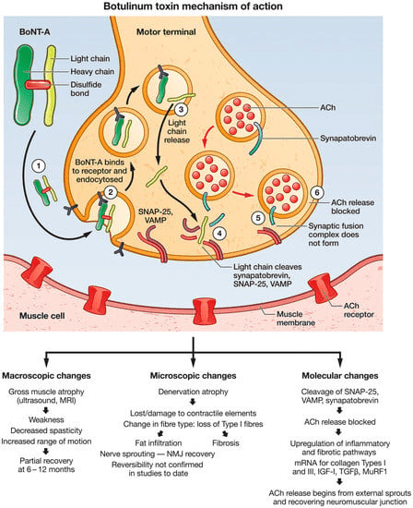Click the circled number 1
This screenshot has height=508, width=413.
click(x=39, y=166)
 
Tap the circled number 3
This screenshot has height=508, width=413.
click(x=181, y=109)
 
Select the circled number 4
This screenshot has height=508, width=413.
click(x=219, y=234)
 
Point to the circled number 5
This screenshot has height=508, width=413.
click(x=258, y=218)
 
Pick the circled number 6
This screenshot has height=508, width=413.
click(x=317, y=192)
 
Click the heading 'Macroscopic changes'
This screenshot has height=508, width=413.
click(x=47, y=376)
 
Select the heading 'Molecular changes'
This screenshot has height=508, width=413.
click(x=340, y=376)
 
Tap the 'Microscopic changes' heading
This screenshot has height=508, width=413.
click(x=193, y=376)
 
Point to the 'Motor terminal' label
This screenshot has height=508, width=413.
click(x=166, y=31)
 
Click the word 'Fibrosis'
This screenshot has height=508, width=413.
click(x=226, y=442)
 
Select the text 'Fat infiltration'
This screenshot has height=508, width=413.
click(x=159, y=442)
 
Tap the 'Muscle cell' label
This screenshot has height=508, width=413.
click(x=42, y=316)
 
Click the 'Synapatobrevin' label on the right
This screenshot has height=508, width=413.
click(x=348, y=139)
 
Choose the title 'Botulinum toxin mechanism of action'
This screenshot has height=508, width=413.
click(x=193, y=6)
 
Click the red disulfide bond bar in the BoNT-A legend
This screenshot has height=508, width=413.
click(x=38, y=85)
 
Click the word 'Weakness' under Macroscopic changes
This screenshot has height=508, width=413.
click(x=47, y=420)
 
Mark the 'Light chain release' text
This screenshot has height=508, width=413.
click(x=177, y=131)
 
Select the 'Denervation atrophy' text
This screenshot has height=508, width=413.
click(x=193, y=392)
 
